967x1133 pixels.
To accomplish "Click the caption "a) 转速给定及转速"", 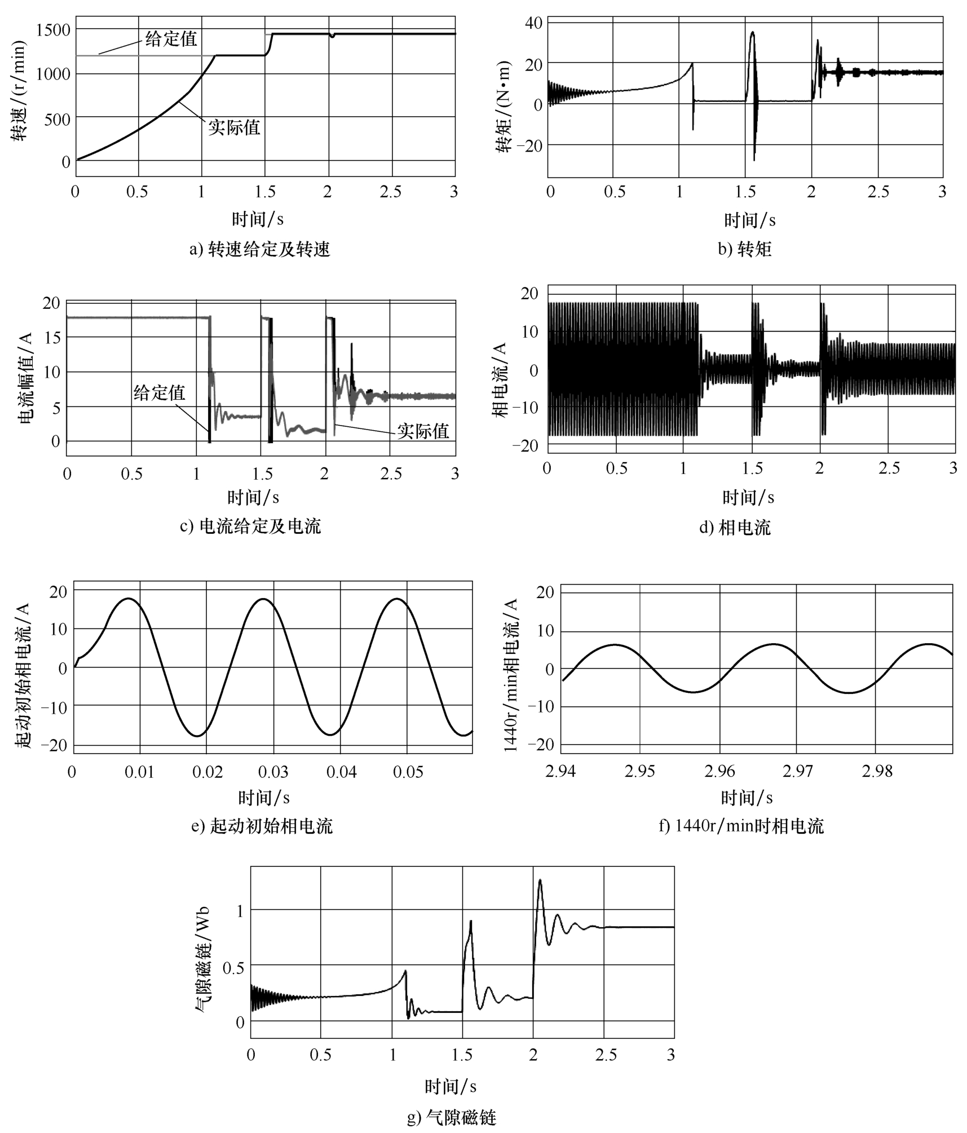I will click(x=259, y=249).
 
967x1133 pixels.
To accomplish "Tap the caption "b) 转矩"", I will click(x=744, y=249).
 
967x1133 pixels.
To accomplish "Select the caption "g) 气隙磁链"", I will click(x=452, y=1117).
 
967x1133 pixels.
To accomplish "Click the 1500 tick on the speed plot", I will click(x=53, y=29).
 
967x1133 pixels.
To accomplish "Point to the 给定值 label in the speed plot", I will click(x=171, y=39).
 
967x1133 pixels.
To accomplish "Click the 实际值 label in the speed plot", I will click(x=234, y=127).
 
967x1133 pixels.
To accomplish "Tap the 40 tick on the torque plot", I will click(x=533, y=23).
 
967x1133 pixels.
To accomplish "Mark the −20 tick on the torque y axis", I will click(x=529, y=145).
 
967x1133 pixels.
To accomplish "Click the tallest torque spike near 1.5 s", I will click(x=752, y=33).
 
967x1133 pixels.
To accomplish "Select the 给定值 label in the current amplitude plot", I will click(x=160, y=392).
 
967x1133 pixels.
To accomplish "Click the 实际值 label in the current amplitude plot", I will click(x=423, y=431).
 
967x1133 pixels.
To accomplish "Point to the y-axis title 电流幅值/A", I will click(x=26, y=378).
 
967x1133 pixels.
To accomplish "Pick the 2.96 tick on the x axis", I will click(x=719, y=771).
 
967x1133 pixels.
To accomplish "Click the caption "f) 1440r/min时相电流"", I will click(x=741, y=826).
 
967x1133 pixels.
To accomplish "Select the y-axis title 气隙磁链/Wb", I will click(x=203, y=958).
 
